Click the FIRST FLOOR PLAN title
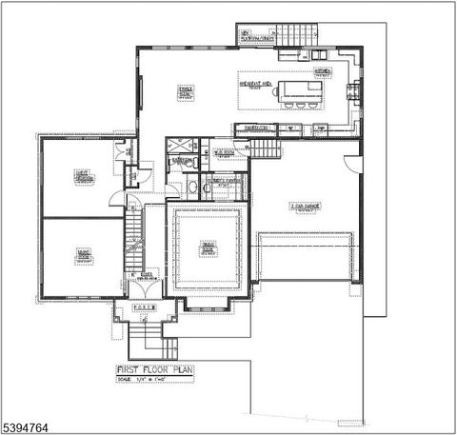coord(154,368)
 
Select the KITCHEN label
coord(323,71)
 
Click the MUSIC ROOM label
coord(84,254)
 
